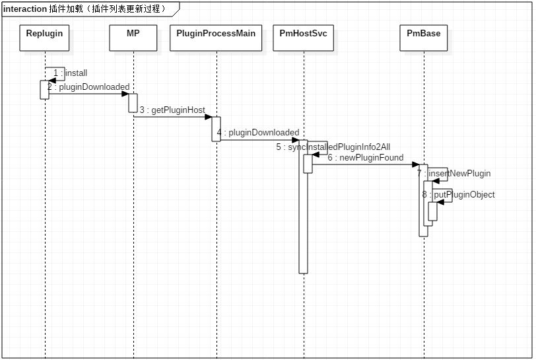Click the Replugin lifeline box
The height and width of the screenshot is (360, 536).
(x=45, y=38)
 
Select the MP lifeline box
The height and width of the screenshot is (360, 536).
(x=133, y=38)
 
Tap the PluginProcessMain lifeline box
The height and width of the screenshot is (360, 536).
(x=217, y=38)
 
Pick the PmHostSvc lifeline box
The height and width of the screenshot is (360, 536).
(x=304, y=38)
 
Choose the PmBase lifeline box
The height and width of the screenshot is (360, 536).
(x=423, y=38)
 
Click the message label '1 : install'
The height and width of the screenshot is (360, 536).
(x=70, y=73)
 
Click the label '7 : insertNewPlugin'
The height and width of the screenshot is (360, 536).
(x=453, y=174)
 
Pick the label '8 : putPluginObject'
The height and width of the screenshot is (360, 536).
(x=458, y=195)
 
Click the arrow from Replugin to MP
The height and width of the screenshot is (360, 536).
(x=89, y=94)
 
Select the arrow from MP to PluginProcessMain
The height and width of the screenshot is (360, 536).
(x=175, y=117)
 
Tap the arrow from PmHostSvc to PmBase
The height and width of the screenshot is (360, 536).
(x=366, y=164)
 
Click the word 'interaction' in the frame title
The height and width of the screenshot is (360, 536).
(x=24, y=9)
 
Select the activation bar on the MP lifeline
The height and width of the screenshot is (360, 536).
(x=133, y=103)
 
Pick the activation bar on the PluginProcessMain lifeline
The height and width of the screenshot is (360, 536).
(x=217, y=128)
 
